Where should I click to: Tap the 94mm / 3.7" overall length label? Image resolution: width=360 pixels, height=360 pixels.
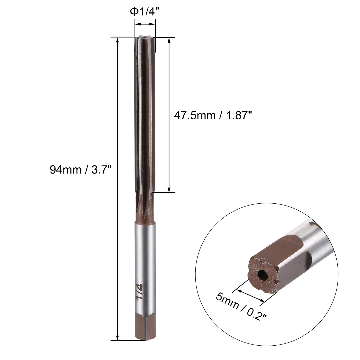click(80, 170)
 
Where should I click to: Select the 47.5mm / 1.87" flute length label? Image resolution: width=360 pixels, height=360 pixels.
click(212, 115)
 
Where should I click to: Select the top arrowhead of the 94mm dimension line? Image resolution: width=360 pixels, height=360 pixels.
click(118, 40)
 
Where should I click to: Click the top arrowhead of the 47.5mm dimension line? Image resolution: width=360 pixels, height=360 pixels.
click(169, 40)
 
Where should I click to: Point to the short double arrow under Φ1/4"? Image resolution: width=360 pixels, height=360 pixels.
click(145, 24)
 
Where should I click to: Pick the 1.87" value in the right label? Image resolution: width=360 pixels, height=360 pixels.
click(238, 115)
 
